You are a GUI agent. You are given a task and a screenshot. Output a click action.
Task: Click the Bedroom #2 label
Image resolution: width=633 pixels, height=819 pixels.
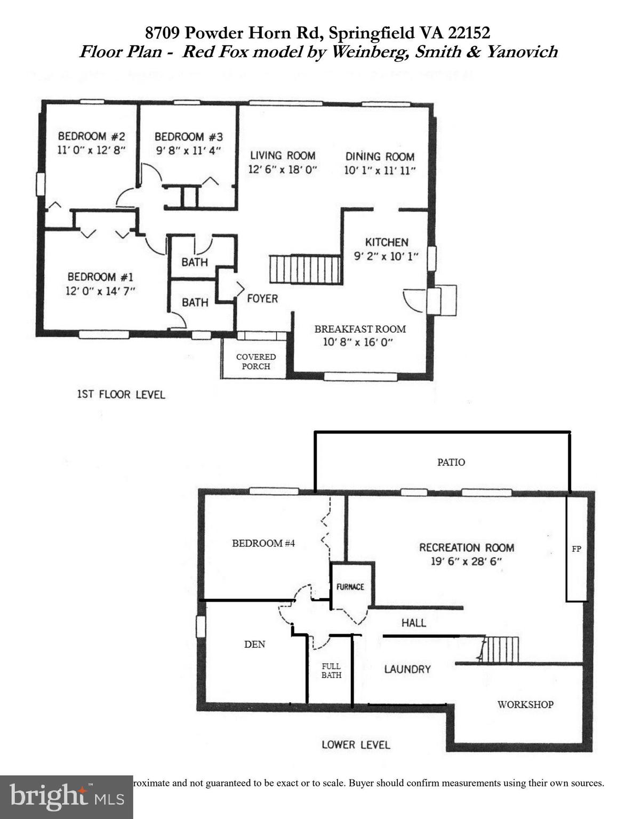pos(91,136)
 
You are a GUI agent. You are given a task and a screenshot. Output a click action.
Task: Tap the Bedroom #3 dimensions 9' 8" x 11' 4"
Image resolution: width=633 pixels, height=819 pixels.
pos(188,151)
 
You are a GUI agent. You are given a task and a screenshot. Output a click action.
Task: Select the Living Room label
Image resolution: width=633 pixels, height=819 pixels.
pos(283,155)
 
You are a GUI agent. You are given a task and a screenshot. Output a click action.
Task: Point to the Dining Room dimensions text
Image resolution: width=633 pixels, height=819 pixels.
pos(380,171)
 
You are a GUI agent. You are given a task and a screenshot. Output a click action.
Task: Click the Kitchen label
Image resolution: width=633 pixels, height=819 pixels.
pos(387,242)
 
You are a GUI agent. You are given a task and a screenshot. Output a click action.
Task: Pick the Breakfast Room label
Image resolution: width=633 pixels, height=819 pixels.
pos(360,329)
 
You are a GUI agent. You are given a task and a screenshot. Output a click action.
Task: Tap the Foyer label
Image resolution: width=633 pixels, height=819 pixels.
pos(262,299)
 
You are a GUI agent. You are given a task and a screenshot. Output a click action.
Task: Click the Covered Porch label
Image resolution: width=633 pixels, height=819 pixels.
pos(256,362)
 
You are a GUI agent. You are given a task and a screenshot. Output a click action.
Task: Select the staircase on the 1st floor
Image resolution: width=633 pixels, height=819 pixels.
pos(305,269)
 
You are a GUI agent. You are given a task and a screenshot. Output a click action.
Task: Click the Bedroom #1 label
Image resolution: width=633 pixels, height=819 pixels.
pos(100,277)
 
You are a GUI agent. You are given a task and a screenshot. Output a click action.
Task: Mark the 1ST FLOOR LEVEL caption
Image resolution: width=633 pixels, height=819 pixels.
pos(121,395)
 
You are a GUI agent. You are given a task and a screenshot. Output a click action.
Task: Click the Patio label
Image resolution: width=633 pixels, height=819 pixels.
pos(451,462)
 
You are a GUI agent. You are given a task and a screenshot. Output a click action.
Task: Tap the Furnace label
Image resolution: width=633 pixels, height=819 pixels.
pos(350,587)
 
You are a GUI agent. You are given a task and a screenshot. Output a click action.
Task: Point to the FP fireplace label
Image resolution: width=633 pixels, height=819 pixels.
pos(576,549)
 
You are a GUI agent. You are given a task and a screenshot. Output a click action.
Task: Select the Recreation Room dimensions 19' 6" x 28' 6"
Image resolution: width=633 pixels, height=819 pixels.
pos(467,561)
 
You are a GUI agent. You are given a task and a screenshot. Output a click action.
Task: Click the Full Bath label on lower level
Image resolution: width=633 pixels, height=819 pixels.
pos(331,671)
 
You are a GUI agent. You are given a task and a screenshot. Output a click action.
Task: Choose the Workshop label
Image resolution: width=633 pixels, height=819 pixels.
pos(525,704)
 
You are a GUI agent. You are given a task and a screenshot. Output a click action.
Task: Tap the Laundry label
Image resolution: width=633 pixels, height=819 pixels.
pos(407,669)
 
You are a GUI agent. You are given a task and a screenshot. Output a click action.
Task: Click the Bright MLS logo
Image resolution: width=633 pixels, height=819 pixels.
pos(67,797)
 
